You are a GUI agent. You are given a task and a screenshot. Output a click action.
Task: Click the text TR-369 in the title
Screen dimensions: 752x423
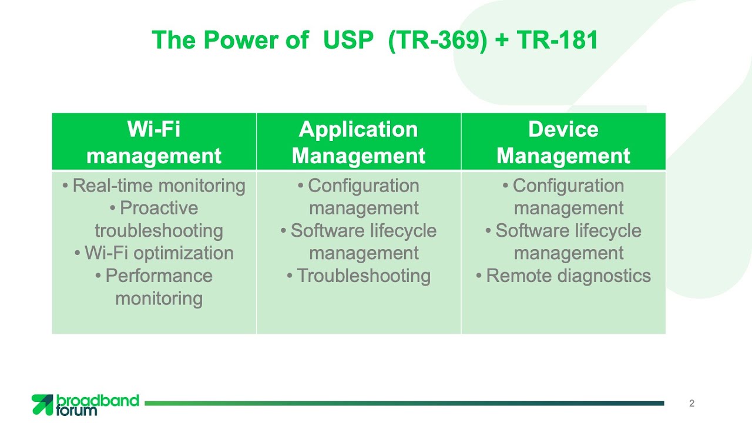point(437,41)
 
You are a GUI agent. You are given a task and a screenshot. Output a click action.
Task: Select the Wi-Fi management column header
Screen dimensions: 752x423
point(154,142)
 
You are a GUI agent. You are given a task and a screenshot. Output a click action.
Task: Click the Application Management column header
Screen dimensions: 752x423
point(358,142)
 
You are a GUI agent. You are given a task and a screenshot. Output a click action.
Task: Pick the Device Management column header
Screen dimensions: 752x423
point(563,142)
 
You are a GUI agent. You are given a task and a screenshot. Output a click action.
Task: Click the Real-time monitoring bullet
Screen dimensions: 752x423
point(154,186)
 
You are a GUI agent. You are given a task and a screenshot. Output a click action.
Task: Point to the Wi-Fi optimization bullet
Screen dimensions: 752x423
point(154,253)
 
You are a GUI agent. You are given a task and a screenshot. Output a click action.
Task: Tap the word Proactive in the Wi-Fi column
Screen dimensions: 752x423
point(159,208)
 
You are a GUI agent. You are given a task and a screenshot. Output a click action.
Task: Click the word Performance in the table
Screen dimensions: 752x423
point(159,276)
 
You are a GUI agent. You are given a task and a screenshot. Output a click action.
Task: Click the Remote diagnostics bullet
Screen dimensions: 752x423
point(563,276)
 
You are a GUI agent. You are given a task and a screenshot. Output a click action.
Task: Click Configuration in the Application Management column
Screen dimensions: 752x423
point(364,186)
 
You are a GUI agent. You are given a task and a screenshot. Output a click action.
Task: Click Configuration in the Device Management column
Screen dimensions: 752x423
point(568,186)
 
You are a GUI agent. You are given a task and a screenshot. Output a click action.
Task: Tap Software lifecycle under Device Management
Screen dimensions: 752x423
point(568,231)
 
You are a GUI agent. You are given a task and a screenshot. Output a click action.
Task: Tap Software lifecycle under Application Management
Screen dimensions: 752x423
point(364,231)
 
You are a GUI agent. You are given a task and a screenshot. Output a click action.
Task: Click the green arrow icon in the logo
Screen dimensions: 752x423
point(42,405)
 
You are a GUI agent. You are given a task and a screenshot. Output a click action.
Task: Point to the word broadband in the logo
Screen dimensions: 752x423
point(98,401)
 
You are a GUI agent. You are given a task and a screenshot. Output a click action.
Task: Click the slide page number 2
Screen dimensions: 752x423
point(691,403)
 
